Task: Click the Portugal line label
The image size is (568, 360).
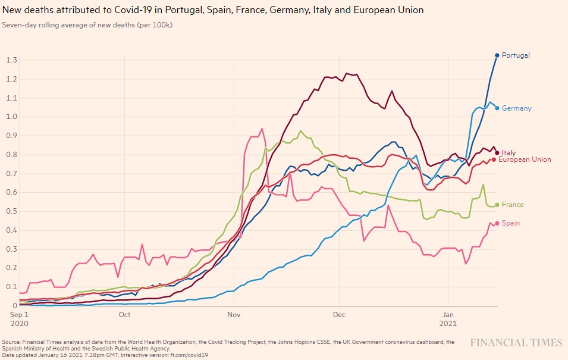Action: pyautogui.click(x=515, y=55)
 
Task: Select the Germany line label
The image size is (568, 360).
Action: pyautogui.click(x=516, y=108)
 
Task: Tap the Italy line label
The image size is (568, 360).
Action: pyautogui.click(x=509, y=153)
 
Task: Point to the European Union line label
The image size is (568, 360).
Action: pyautogui.click(x=525, y=159)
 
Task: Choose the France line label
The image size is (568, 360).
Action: pyautogui.click(x=513, y=205)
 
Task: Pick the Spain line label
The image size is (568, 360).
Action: pyautogui.click(x=511, y=223)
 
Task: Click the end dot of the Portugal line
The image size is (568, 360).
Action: pyautogui.click(x=497, y=55)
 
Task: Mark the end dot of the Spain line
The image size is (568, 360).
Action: pyautogui.click(x=497, y=224)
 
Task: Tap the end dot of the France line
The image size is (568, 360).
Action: pyautogui.click(x=497, y=205)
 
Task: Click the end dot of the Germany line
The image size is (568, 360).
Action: pyautogui.click(x=497, y=108)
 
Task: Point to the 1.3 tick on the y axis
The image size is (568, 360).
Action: pyautogui.click(x=11, y=60)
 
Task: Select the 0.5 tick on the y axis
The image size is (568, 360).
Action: pyautogui.click(x=11, y=211)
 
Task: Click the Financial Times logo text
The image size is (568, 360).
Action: pyautogui.click(x=516, y=343)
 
